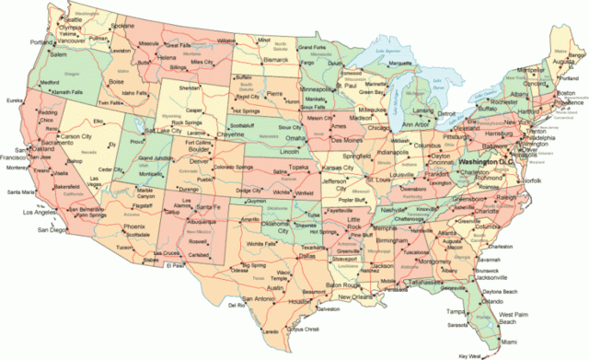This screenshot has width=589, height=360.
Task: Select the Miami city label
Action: pyautogui.click(x=511, y=342)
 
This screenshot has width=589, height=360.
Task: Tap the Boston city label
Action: pyautogui.click(x=567, y=93)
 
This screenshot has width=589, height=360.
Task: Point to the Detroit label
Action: pyautogui.click(x=445, y=112)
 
